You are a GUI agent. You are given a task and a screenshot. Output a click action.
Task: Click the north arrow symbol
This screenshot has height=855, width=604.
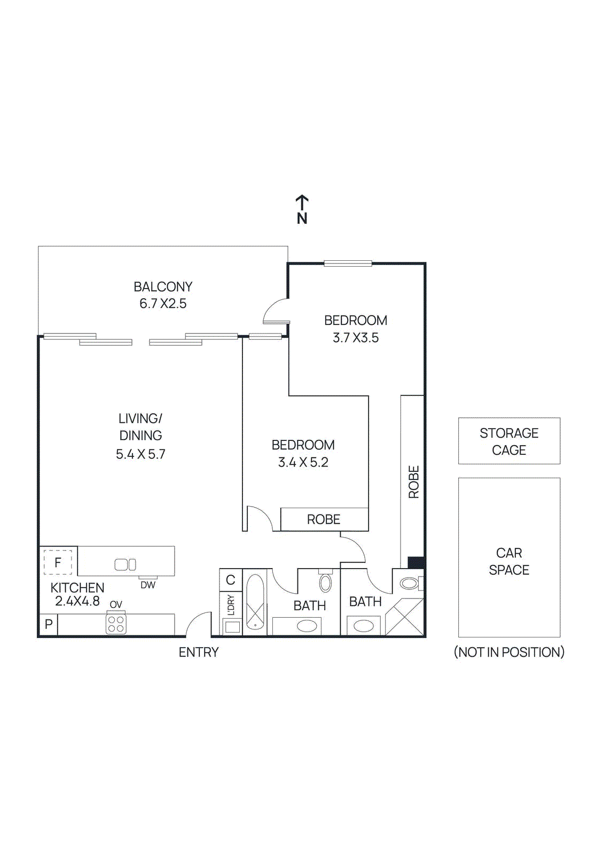point(302,204)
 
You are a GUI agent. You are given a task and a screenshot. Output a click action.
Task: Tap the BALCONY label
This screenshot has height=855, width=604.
point(163,287)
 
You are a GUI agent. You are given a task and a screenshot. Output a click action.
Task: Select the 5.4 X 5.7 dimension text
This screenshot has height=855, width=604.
point(140,454)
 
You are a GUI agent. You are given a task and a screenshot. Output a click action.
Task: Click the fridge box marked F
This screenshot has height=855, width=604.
point(58,562)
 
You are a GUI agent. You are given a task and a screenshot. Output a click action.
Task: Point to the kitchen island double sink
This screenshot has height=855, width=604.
point(125,564)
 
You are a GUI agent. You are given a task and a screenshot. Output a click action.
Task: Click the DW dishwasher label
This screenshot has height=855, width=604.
point(148,585)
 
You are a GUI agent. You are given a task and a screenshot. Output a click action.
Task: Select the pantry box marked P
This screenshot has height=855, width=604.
point(49,624)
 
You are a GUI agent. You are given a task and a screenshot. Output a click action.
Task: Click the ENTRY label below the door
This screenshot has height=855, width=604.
point(199,652)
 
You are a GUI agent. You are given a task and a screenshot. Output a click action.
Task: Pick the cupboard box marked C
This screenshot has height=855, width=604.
point(231,580)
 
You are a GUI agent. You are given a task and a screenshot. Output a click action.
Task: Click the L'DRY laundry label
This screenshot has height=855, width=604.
point(231,605)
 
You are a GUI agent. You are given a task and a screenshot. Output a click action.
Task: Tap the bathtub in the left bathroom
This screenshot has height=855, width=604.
point(255,602)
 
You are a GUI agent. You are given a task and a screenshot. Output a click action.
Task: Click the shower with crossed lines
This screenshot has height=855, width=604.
point(405,617)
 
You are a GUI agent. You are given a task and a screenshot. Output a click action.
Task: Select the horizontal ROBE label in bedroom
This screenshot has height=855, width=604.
point(324,519)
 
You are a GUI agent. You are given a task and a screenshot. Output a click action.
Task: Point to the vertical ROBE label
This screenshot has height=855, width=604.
point(414,482)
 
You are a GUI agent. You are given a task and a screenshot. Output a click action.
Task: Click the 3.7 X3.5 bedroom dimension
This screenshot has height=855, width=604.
point(356,338)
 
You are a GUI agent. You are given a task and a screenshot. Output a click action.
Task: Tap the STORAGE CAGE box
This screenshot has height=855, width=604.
point(509,441)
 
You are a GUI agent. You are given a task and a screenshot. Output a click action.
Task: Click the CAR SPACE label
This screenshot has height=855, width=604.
point(509,561)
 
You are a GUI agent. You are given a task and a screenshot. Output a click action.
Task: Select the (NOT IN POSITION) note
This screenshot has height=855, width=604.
point(509,652)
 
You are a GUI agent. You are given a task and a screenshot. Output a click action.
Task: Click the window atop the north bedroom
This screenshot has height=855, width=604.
point(348,263)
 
